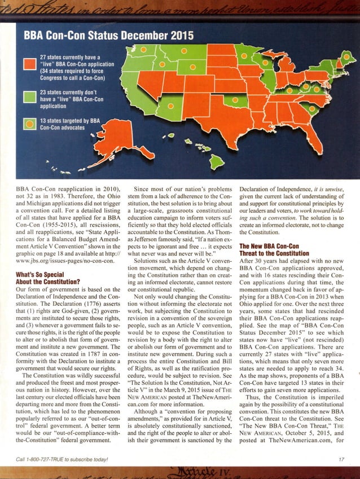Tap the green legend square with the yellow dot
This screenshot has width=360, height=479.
(29, 124)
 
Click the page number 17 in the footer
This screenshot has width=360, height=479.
(341, 459)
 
